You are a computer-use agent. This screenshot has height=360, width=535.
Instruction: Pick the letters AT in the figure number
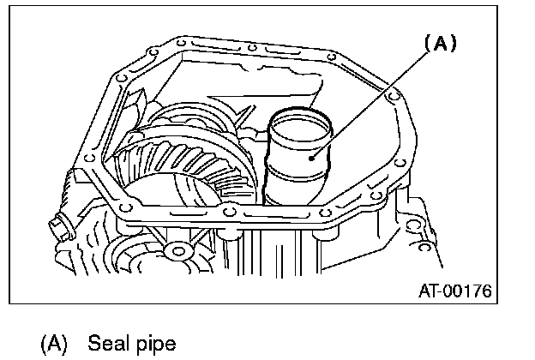point(429,291)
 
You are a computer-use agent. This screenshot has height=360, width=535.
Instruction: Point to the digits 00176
point(469,291)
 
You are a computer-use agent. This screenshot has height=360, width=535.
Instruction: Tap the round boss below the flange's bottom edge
point(178,251)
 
